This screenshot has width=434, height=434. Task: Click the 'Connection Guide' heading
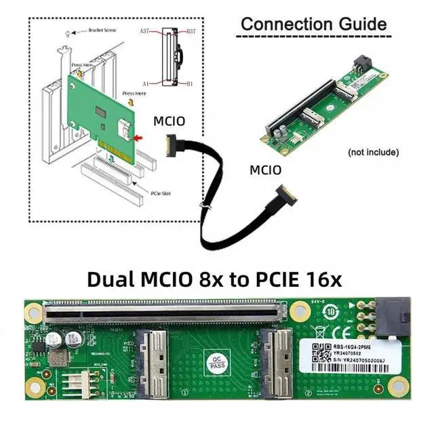314,24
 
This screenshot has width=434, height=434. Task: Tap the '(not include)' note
372,151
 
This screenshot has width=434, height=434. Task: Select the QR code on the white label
313,352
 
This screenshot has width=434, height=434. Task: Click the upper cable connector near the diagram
174,144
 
